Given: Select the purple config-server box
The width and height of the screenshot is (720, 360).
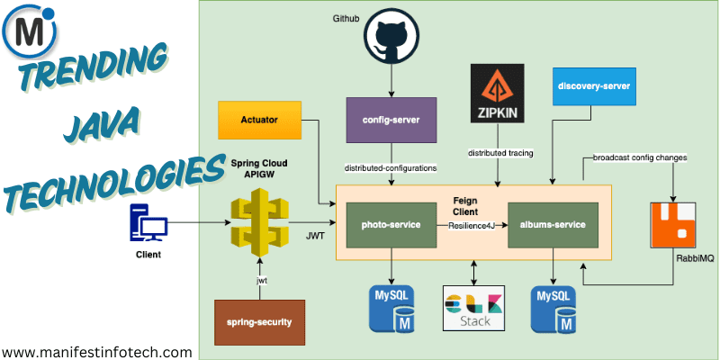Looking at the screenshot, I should tap(391, 120).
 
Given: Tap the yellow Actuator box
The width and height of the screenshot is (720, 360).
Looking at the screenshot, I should tap(259, 120).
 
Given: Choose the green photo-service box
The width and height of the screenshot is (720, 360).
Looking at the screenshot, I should tap(391, 225).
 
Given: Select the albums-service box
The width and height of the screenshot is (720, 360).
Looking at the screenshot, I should tap(553, 225).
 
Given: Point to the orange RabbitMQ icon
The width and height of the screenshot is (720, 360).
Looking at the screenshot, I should tap(673, 225).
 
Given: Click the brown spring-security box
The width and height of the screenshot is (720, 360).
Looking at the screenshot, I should tap(259, 321).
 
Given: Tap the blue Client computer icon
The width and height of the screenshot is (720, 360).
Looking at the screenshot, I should tap(150, 221).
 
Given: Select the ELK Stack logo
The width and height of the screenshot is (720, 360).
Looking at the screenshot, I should tap(474, 308).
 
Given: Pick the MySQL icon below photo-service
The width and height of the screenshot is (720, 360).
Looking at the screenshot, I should tap(391, 306).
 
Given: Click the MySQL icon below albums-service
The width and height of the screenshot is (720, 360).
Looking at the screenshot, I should tap(553, 306).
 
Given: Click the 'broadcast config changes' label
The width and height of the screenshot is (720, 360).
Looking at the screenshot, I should tap(640, 158).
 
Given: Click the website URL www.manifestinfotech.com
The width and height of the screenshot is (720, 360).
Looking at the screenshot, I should tap(96, 352).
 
